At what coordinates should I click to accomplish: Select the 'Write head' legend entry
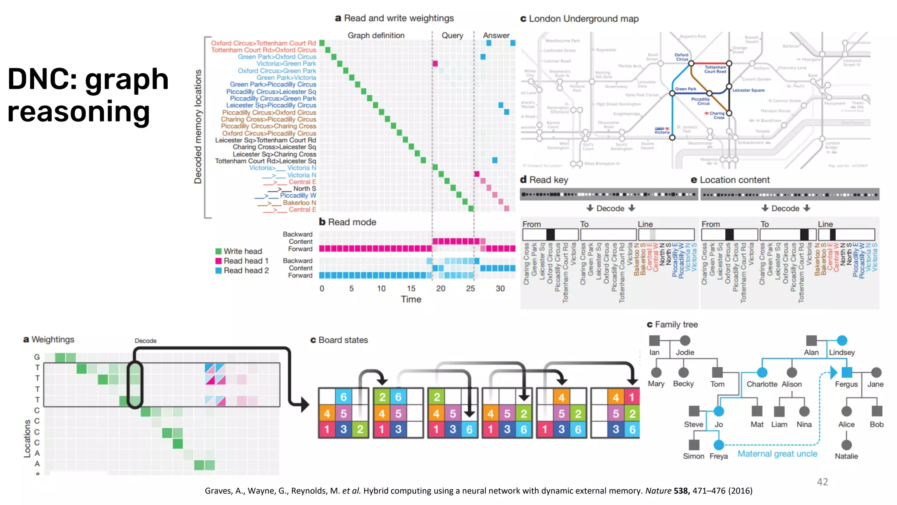(x=242, y=251)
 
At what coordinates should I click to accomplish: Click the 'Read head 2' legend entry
(x=246, y=270)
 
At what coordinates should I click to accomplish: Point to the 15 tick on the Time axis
(x=411, y=288)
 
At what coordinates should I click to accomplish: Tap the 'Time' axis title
(x=411, y=299)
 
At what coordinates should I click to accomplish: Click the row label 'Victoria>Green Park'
(x=286, y=64)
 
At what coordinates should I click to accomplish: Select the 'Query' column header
(x=452, y=36)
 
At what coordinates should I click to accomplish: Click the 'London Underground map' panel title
(x=583, y=19)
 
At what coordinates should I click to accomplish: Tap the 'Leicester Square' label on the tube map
(x=749, y=90)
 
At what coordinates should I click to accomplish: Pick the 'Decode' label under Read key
(x=610, y=209)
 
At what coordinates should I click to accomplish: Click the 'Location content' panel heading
(x=735, y=180)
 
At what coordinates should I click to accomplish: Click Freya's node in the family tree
(x=719, y=445)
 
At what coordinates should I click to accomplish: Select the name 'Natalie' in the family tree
(x=846, y=456)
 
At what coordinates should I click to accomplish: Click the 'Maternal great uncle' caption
(x=777, y=454)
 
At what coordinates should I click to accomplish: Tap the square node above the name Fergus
(x=847, y=373)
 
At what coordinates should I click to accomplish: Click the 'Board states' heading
(x=343, y=340)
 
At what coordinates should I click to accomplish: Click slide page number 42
(x=823, y=482)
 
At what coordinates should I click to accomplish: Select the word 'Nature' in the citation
(x=658, y=491)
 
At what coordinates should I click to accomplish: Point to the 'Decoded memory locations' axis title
(x=198, y=127)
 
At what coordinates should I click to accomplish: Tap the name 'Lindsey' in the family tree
(x=842, y=352)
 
